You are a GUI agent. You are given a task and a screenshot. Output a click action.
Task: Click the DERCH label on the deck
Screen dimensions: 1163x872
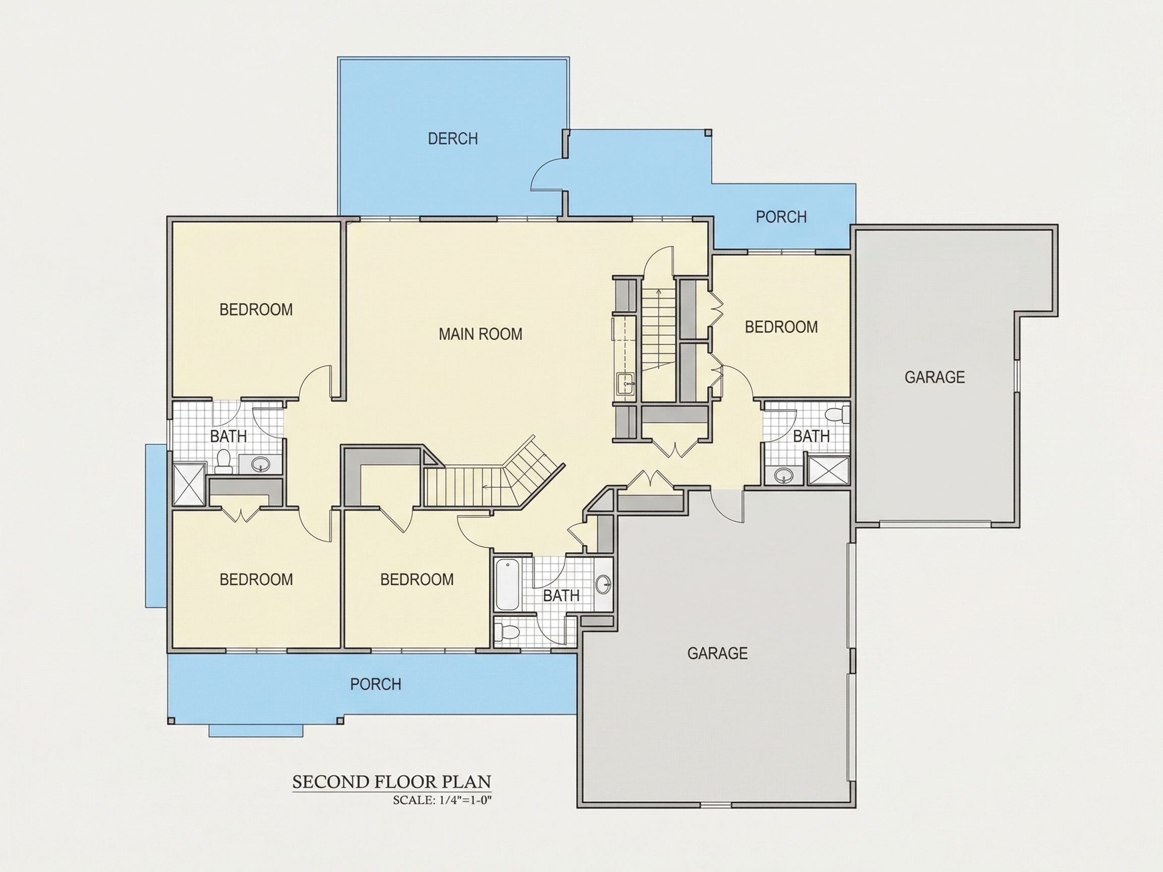453,139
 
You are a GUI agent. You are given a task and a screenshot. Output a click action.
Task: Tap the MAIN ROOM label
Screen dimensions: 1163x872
481,334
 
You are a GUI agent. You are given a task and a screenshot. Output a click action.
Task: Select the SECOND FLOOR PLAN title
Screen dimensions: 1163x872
392,782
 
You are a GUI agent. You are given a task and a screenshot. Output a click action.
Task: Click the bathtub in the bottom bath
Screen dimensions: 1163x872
507,585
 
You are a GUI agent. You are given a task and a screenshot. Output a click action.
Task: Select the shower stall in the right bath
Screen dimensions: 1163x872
829,470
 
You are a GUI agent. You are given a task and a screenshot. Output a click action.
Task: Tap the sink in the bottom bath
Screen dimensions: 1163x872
604,584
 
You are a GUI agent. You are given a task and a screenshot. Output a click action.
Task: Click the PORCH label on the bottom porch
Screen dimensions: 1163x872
376,684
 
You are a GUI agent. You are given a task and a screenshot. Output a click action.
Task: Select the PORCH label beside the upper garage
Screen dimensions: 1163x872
781,217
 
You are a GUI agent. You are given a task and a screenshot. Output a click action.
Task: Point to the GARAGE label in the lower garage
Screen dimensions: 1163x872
718,653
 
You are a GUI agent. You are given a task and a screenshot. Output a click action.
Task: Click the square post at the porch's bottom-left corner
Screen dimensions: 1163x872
171,721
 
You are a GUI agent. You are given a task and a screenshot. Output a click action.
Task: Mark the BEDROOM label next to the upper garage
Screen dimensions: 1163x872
781,328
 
